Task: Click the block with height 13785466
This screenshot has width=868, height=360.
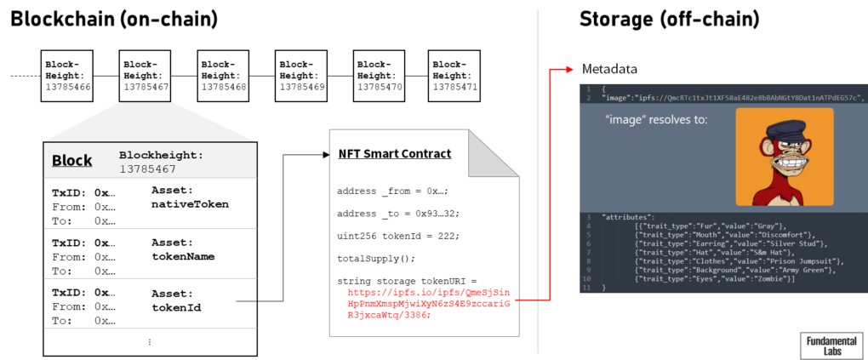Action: (x=66, y=76)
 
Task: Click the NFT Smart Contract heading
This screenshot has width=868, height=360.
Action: (x=395, y=154)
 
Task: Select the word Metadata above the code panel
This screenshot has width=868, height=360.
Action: (x=612, y=68)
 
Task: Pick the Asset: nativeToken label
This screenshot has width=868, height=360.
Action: (x=189, y=197)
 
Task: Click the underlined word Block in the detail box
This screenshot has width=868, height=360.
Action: (x=71, y=160)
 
